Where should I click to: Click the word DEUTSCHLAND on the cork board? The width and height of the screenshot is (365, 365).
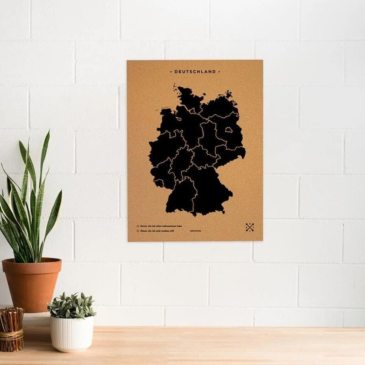click(195, 72)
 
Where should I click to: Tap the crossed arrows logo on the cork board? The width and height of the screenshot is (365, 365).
click(250, 227)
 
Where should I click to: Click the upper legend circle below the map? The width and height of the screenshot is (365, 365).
click(138, 225)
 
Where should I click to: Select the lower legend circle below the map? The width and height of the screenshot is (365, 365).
click(138, 231)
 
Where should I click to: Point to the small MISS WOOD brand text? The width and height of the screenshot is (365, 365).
click(196, 231)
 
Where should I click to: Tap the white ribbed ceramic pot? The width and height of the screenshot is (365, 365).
click(72, 333)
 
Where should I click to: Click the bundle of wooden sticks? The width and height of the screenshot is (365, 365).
click(11, 328)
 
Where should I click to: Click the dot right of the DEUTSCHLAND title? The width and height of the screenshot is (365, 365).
click(219, 72)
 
